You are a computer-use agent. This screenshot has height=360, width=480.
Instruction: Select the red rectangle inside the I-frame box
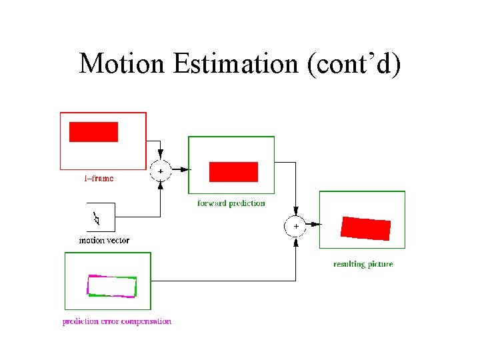[x=93, y=132]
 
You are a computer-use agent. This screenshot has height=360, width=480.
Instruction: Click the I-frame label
[x=99, y=178]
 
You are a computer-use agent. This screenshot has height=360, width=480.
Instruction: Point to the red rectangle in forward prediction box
[x=233, y=171]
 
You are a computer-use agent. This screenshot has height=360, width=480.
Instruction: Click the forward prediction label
[x=231, y=203]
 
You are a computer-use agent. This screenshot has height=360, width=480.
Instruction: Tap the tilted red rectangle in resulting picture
[x=365, y=229]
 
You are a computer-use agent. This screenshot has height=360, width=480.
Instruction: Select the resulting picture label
[x=363, y=264]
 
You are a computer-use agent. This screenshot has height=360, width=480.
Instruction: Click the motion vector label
[x=104, y=240]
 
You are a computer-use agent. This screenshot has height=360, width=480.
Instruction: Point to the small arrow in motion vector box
[x=97, y=218]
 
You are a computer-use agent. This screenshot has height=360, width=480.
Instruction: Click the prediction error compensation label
[x=117, y=321]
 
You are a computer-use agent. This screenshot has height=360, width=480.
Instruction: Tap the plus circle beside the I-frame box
[x=160, y=171]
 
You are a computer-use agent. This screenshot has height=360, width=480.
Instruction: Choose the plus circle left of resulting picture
[x=295, y=227]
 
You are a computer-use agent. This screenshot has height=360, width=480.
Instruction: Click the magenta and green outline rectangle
[x=112, y=286]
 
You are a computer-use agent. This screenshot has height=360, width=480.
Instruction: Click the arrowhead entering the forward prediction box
[x=185, y=170]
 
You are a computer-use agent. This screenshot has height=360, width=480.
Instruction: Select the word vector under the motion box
[x=118, y=240]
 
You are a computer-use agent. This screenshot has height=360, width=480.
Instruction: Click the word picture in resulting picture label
[x=379, y=264]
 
